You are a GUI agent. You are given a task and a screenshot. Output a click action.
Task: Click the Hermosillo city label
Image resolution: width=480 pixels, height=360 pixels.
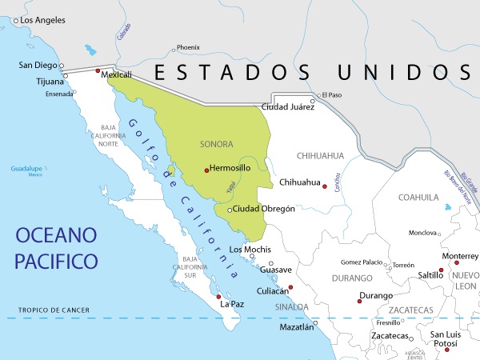[x=230, y=169]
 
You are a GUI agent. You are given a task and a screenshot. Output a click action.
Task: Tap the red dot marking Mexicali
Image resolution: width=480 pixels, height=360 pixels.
[x=98, y=72]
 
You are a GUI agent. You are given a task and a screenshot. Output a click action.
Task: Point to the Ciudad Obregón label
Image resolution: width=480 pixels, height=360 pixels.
[x=265, y=209]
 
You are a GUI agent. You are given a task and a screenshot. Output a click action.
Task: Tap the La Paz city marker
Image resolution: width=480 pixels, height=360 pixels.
[x=219, y=297]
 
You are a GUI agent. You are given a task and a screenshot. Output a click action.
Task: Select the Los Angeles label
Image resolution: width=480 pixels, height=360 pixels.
[x=42, y=19]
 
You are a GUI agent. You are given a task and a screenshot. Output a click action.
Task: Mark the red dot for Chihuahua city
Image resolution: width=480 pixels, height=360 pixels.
[x=325, y=186]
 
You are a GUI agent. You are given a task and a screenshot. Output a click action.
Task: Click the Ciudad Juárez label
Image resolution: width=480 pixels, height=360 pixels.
[x=288, y=106]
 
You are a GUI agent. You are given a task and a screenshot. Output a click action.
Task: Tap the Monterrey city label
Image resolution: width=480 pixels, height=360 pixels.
[x=461, y=256]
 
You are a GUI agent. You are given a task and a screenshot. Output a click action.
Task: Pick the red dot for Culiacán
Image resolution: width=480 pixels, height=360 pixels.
[x=291, y=287]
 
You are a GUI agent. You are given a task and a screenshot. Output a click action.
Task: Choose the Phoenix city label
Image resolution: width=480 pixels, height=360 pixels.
[x=188, y=47]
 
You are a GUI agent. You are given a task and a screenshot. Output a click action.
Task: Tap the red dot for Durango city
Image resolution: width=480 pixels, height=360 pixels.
[x=359, y=301]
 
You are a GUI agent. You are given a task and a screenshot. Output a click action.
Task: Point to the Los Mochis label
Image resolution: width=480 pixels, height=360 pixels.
[x=249, y=250]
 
